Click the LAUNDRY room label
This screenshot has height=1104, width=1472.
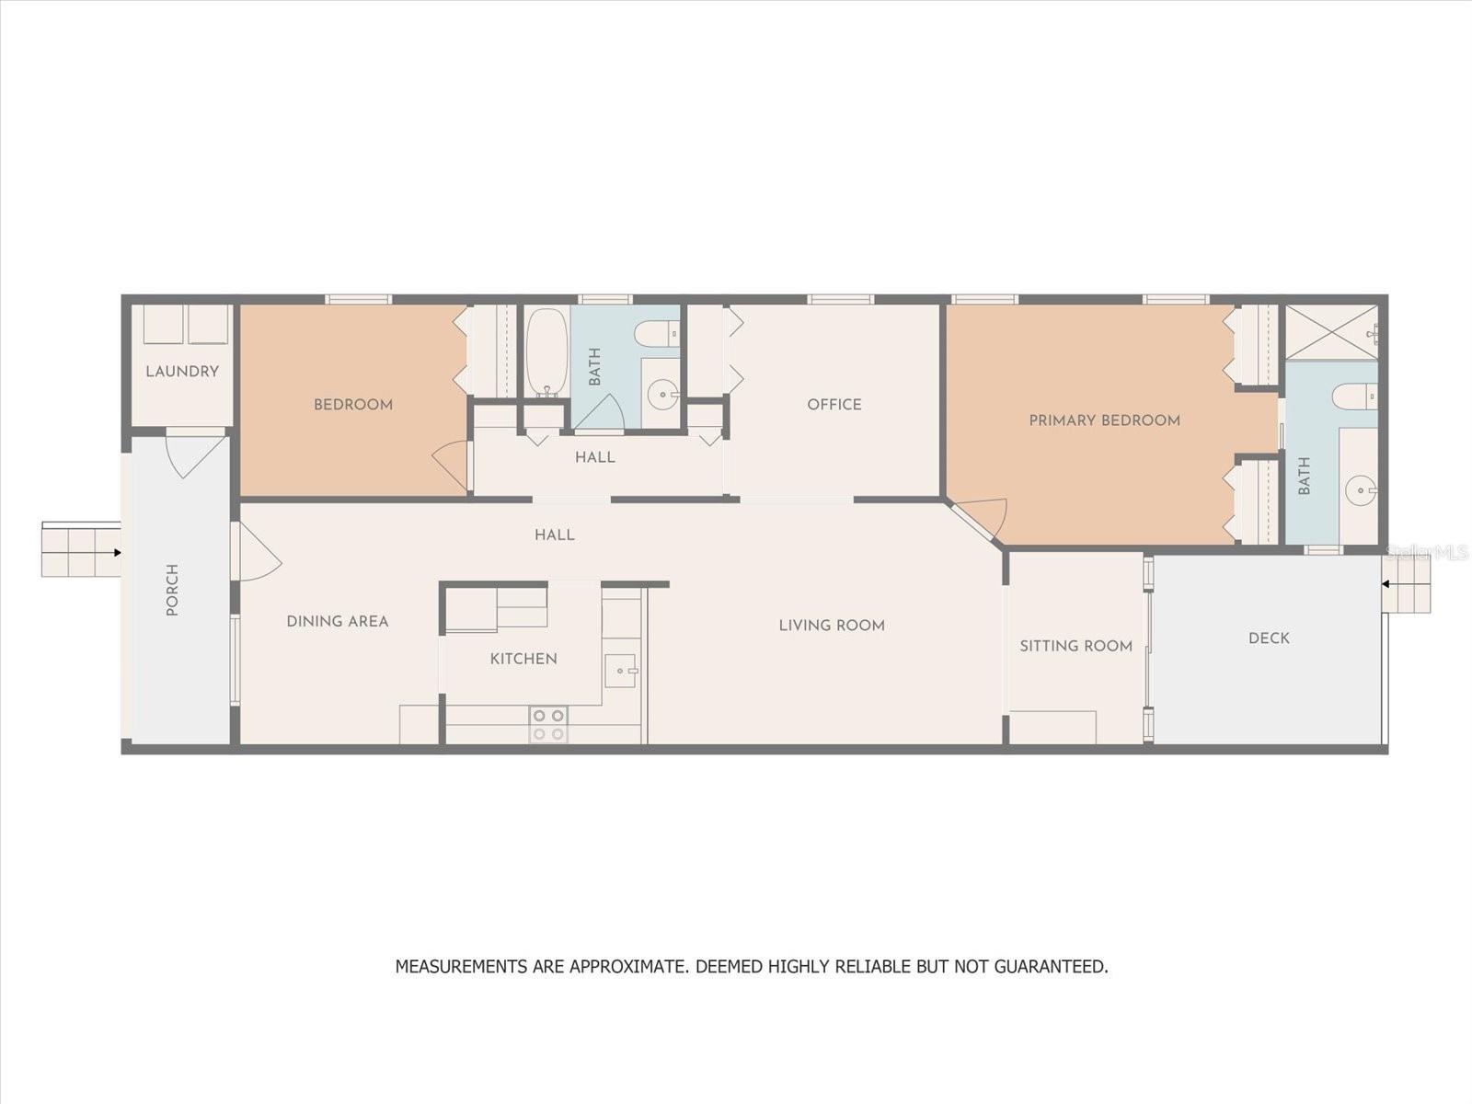tap(182, 372)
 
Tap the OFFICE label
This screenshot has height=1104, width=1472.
tap(834, 404)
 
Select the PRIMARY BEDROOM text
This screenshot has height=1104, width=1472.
tap(1105, 420)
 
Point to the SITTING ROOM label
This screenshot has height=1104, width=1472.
tap(1075, 646)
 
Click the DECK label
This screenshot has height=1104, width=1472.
tap(1269, 638)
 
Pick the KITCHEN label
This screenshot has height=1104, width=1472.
tap(523, 659)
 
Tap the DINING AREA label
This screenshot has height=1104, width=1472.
tap(338, 621)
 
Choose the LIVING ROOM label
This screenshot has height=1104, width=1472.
tap(832, 626)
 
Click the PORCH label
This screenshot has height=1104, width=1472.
tap(172, 590)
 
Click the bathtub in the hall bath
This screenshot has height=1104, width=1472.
tap(546, 352)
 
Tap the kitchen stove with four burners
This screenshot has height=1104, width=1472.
tap(548, 725)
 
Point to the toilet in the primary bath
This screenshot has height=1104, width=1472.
tap(1354, 396)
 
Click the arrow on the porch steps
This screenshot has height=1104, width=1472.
tap(117, 553)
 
